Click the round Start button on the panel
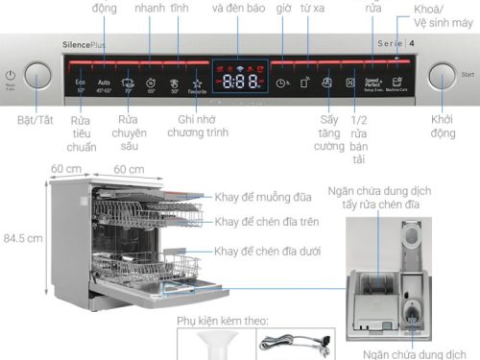click(443, 80)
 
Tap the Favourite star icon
click(197, 85)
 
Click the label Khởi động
click(443, 126)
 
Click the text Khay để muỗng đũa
click(264, 197)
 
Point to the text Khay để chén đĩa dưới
click(268, 251)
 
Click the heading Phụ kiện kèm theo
click(222, 320)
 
